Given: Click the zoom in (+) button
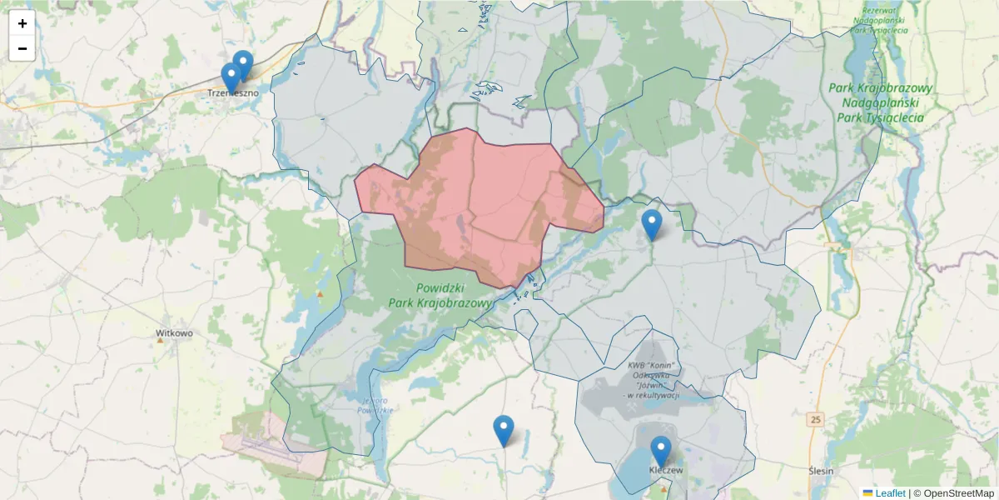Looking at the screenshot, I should click(22, 23).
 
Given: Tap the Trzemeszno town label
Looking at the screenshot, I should click(233, 93).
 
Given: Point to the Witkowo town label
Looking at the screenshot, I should click(174, 333).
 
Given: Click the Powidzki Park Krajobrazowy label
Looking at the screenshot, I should click(440, 295).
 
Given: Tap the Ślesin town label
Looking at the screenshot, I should click(821, 471).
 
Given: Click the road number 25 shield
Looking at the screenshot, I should click(815, 419).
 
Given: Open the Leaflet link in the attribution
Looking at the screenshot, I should click(890, 493).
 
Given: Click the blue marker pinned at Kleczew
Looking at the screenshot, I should click(661, 451).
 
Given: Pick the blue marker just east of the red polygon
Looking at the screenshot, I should click(652, 224).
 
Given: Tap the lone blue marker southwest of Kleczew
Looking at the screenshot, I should click(504, 430).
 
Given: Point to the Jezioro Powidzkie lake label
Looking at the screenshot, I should click(375, 405).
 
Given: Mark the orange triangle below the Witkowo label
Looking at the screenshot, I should click(162, 340).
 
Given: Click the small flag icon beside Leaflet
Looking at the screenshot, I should click(867, 493).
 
